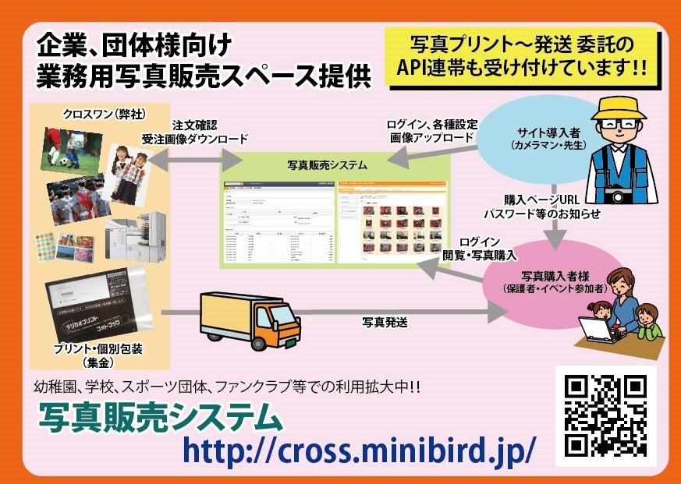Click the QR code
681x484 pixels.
[x=606, y=415]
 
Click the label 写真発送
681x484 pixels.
[x=385, y=321]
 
